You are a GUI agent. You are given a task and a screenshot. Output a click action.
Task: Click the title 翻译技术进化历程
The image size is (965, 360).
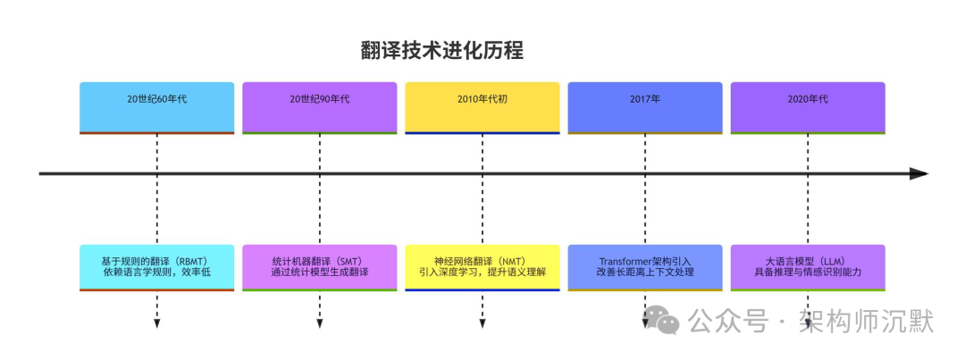441,51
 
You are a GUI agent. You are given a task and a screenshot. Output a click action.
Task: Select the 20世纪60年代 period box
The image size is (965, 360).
156,107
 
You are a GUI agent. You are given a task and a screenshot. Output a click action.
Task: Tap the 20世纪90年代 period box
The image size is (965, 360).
319,107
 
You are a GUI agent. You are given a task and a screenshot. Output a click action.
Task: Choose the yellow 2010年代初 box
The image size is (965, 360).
482,107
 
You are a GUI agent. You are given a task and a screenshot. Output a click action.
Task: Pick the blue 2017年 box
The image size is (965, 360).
645,107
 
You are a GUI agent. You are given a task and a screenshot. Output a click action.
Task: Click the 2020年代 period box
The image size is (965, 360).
808,107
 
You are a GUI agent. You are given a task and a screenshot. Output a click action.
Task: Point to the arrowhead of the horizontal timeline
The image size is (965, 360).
919,173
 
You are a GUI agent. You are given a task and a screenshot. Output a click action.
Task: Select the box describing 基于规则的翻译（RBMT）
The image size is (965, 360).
156,266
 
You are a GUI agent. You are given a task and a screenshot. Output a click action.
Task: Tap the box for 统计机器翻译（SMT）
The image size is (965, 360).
319,266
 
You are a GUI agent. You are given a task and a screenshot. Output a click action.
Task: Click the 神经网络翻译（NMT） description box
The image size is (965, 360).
482,266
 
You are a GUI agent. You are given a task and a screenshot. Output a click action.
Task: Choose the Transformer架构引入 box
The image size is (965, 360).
645,266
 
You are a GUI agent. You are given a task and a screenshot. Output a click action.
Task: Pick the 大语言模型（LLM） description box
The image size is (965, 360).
808,266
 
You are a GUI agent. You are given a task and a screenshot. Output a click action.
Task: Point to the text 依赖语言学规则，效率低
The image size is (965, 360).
156,272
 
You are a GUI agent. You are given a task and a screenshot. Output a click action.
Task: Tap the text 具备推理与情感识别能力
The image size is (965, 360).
808,272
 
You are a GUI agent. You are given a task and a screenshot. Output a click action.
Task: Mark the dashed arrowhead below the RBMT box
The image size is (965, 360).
156,323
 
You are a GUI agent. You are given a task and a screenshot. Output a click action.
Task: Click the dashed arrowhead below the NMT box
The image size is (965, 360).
482,323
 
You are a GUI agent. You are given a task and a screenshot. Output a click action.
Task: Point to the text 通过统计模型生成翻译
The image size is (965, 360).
319,272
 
